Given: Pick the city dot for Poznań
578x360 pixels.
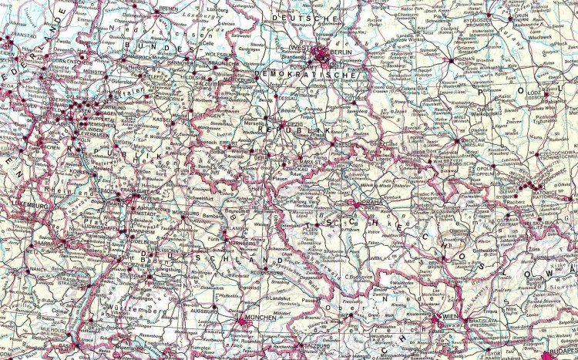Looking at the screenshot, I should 451,59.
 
